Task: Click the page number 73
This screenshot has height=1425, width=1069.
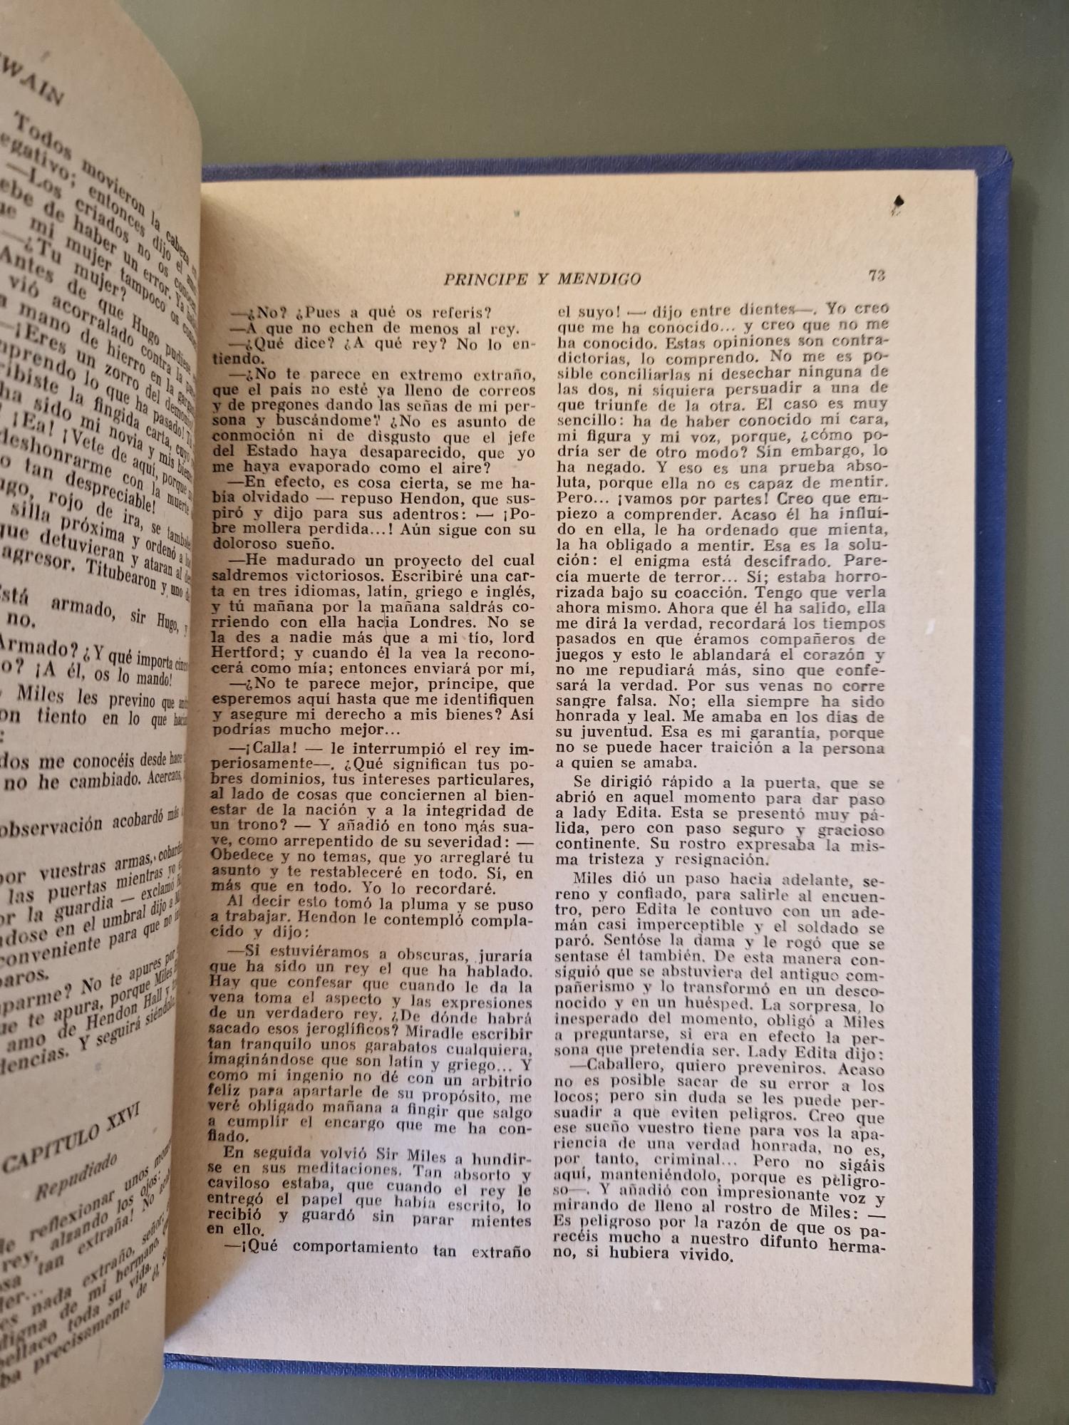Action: pos(877,275)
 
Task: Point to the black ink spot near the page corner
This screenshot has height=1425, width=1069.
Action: pos(898,203)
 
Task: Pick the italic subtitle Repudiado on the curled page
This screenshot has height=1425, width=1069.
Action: pos(76,1176)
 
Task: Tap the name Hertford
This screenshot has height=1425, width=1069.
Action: pos(241,653)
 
